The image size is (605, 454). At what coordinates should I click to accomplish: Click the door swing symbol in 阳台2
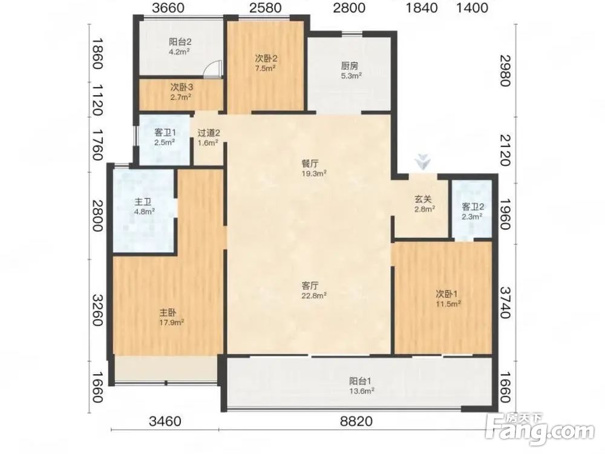[x=212, y=70]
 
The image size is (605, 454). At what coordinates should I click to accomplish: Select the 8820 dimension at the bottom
[x=356, y=421]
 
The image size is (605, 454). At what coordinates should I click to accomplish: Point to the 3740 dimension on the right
[x=506, y=302]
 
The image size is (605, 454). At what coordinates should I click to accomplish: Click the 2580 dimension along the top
[x=266, y=8]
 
